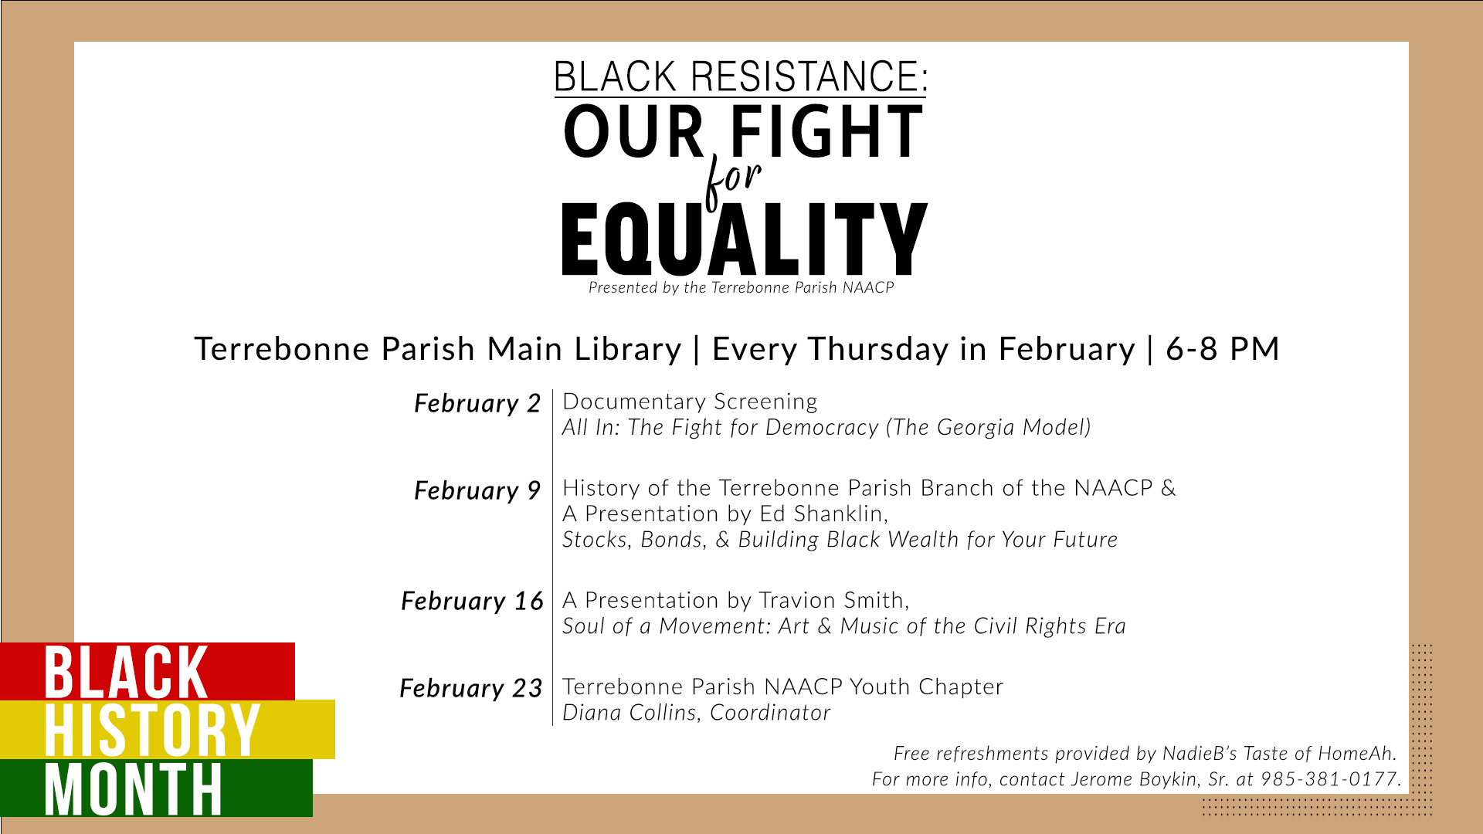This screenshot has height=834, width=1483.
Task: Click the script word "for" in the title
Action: click(733, 181)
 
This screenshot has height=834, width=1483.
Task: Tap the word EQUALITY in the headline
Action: click(744, 239)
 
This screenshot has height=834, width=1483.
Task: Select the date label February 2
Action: click(477, 404)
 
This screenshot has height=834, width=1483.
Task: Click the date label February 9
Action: click(477, 491)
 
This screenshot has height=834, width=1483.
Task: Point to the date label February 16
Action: click(472, 602)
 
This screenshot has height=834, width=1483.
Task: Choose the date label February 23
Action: click(471, 689)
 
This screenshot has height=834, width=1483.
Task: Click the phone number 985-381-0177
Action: click(1330, 779)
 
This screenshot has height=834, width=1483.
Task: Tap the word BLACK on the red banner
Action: click(126, 673)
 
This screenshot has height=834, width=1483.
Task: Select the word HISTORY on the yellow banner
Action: click(151, 730)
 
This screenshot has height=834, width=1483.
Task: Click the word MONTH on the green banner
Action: click(134, 788)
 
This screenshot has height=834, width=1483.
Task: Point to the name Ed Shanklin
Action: click(823, 514)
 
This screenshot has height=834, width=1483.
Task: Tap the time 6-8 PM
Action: click(1223, 349)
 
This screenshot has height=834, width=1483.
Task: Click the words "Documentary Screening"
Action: click(690, 402)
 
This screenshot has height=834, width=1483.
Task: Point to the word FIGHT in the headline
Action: click(826, 131)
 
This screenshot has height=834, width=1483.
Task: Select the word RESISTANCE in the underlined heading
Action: click(809, 76)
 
